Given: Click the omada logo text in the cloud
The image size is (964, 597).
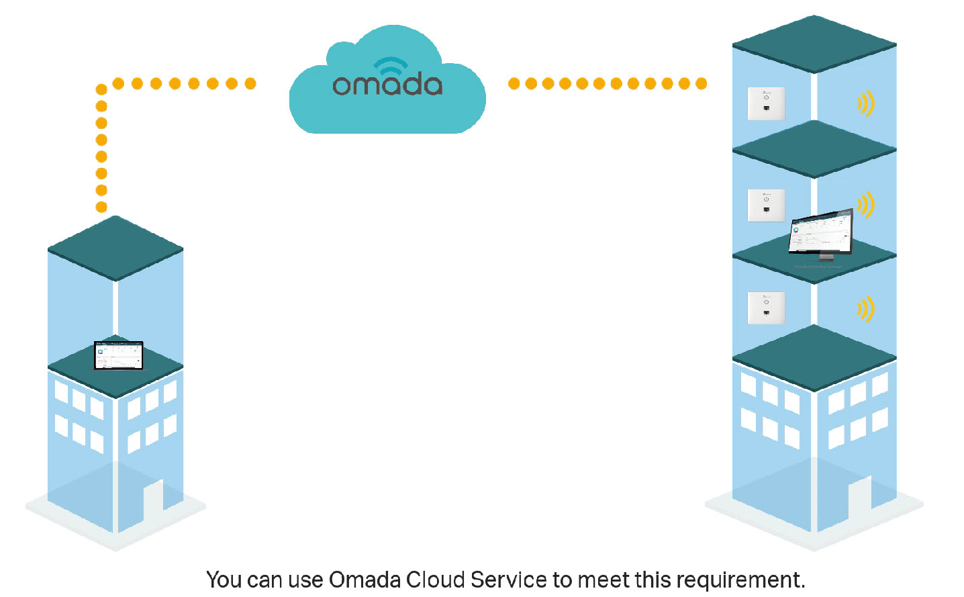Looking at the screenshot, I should pos(387,85).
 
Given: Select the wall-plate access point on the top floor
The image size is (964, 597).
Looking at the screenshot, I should pos(766,103).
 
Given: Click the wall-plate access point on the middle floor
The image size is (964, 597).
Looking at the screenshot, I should pos(766,205).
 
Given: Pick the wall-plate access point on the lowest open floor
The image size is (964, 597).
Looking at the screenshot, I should pos(766,308).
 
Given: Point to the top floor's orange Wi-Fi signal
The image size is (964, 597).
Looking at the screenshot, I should pos(865,103).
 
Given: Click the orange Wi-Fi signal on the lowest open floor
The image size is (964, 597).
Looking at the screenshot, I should pos(865,308).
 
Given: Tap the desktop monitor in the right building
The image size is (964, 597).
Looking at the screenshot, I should pos(820,234).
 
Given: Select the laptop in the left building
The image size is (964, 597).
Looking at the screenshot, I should pos(119,355).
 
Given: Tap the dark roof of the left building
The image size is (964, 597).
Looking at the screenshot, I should pos(115,248).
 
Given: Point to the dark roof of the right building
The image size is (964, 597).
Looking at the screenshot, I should pos(814,44).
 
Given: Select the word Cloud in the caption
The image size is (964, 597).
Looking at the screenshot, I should pos(435,580).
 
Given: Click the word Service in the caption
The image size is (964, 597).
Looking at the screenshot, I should pos(508,580).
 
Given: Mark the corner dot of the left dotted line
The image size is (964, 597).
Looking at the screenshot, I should pos(101,89).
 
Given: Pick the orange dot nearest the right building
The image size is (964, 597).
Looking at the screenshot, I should pos(701,83).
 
